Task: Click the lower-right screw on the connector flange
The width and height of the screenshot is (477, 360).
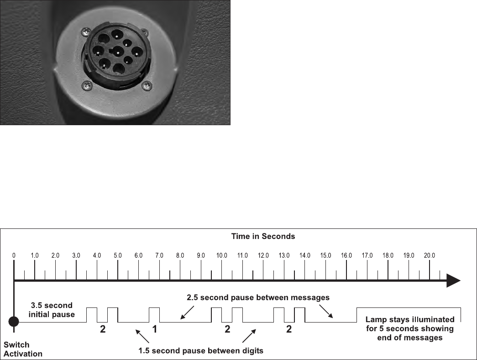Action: [147, 85]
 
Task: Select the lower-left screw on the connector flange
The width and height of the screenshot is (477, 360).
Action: [85, 85]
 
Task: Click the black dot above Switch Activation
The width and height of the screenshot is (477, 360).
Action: [14, 322]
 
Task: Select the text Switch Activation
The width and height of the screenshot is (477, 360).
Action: [23, 349]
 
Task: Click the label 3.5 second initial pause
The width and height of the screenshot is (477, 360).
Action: [51, 309]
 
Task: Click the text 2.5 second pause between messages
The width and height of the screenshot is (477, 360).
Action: [258, 297]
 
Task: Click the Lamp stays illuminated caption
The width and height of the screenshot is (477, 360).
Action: [410, 328]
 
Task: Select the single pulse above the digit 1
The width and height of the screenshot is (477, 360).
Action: [154, 315]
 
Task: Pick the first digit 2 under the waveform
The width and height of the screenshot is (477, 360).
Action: [103, 329]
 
